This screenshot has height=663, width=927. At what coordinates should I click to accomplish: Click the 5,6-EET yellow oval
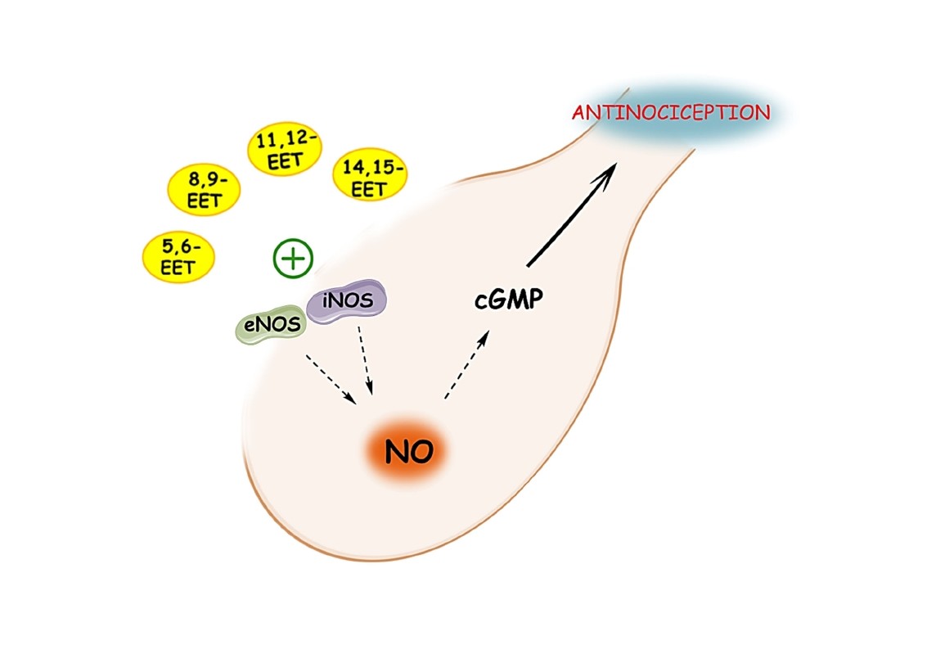pos(178,256)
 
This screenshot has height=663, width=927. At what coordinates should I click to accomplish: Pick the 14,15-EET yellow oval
pos(370,178)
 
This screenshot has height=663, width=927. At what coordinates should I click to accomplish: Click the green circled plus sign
pos(293,259)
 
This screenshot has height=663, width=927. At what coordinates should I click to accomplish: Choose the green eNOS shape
pos(269,327)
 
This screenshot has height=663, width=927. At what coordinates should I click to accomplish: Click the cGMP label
pos(509,300)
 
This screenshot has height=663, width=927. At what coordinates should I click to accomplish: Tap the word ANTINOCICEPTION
pos(671,112)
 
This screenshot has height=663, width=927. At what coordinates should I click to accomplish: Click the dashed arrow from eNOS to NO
pos(330,378)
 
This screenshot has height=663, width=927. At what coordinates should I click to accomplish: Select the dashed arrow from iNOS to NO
pos(366,359)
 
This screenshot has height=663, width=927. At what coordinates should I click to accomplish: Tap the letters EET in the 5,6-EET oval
pos(178,267)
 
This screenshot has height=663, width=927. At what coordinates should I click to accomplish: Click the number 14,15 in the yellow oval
pos(373,168)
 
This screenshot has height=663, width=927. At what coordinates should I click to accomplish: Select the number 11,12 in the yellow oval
pos(285,141)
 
